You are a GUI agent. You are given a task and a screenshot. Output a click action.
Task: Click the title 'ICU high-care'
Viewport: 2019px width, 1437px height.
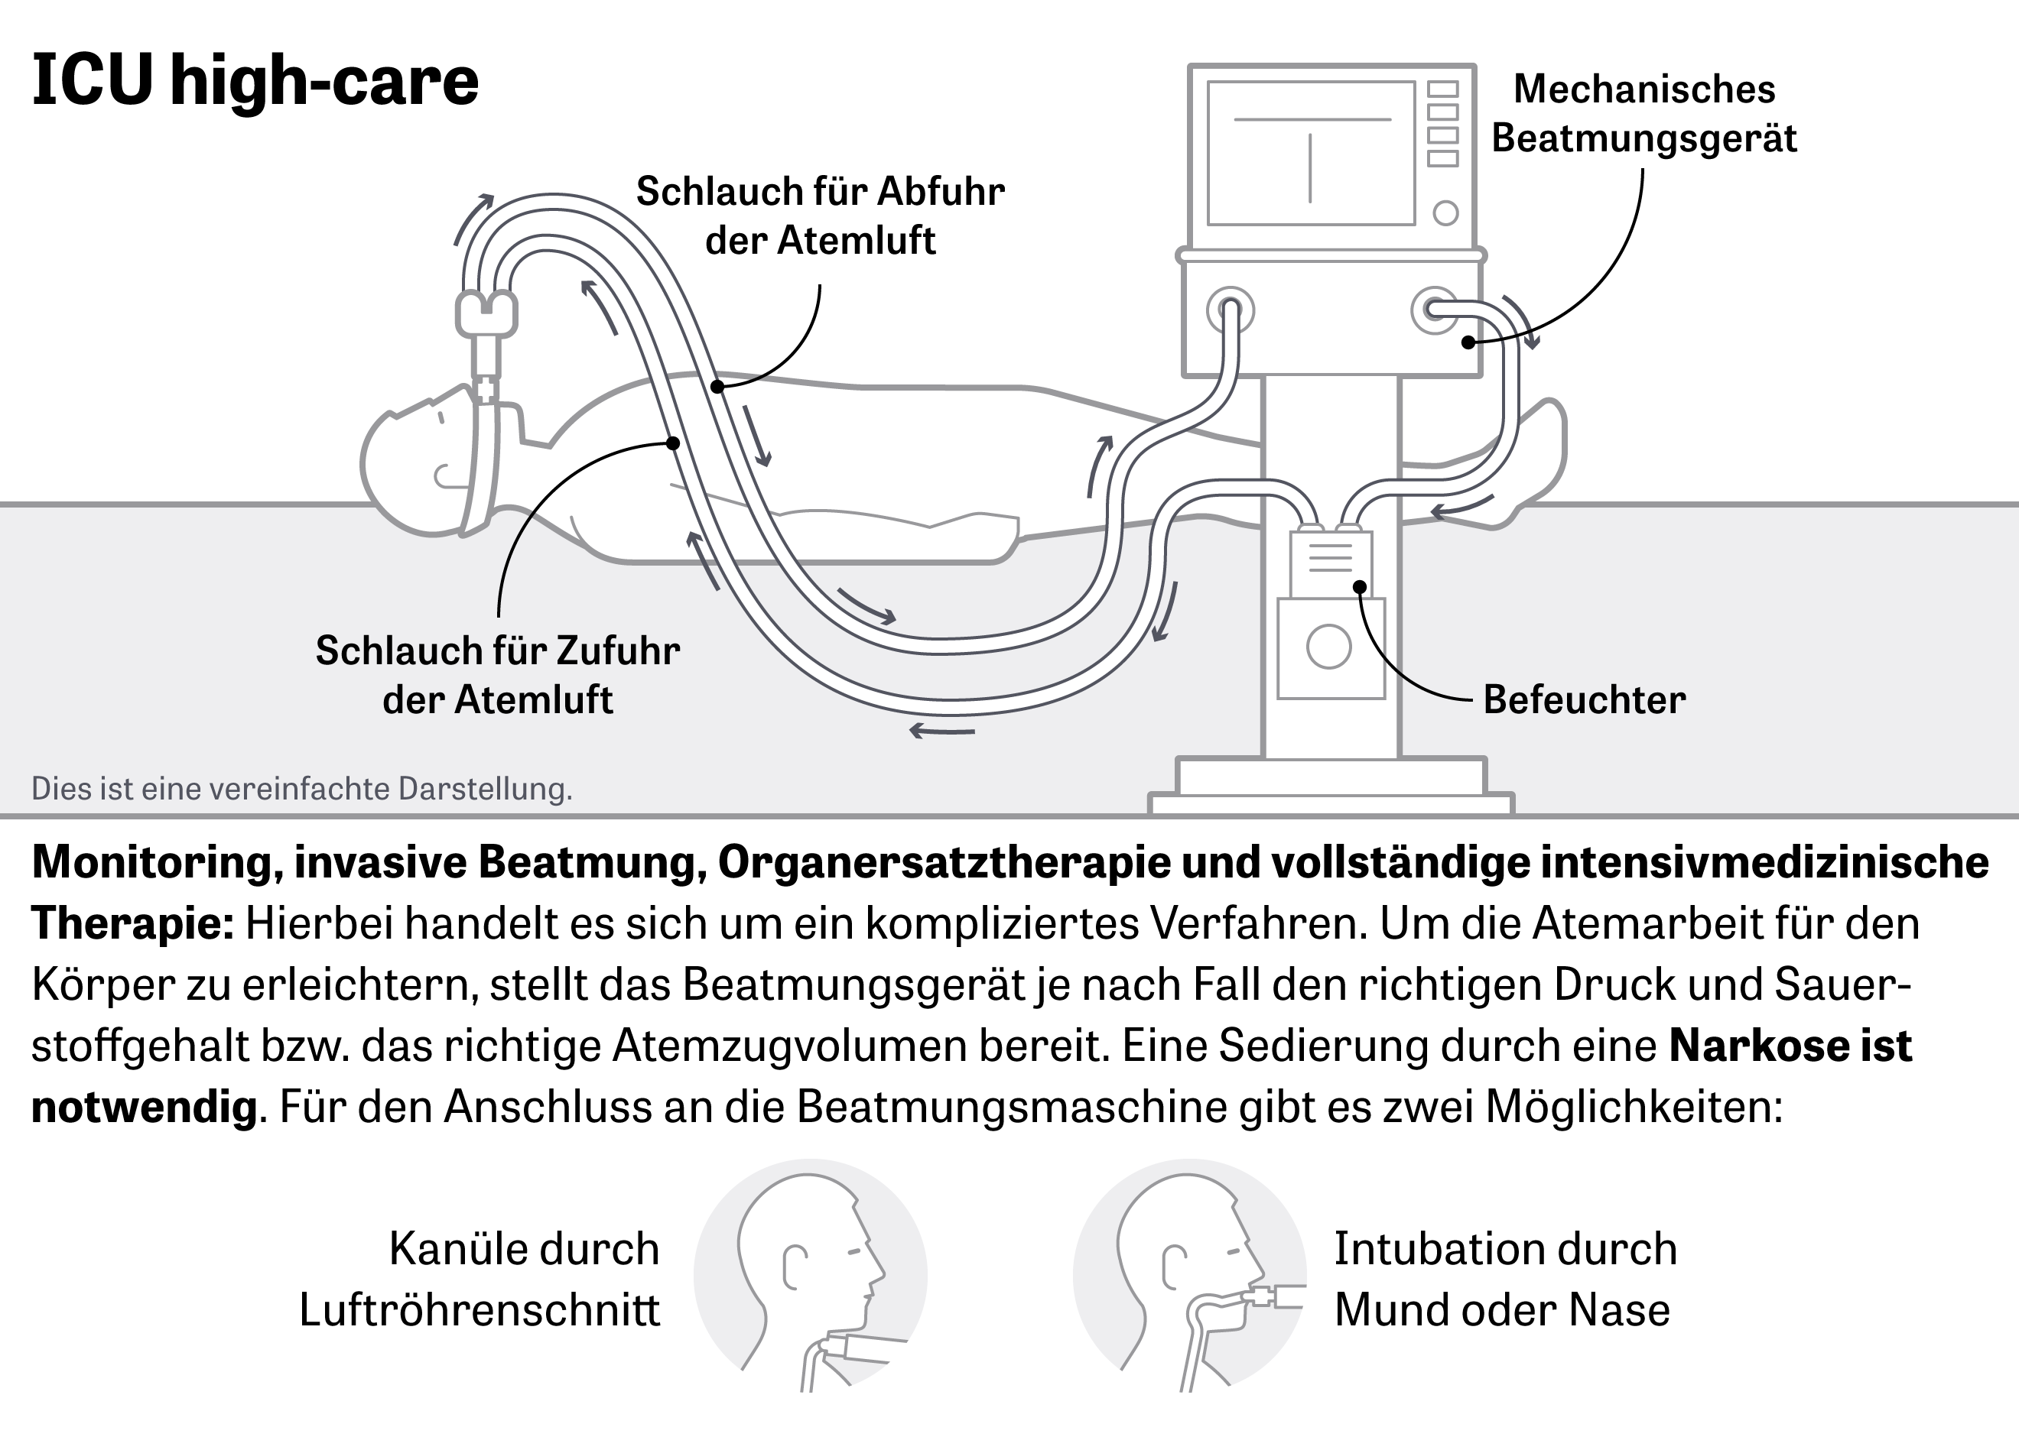click(255, 80)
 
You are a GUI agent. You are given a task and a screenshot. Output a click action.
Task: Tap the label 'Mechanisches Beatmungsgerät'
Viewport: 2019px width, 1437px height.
click(1643, 114)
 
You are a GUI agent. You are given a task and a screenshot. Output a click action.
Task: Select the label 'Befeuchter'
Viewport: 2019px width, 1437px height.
click(1585, 700)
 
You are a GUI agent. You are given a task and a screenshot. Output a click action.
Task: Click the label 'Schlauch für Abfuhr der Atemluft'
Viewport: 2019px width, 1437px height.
click(821, 216)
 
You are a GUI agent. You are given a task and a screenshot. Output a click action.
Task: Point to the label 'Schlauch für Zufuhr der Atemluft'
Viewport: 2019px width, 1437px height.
click(497, 675)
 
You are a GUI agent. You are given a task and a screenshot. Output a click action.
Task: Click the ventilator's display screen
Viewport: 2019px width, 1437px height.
click(1311, 153)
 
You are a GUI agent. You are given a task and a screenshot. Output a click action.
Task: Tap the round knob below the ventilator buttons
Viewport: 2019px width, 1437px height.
click(1445, 213)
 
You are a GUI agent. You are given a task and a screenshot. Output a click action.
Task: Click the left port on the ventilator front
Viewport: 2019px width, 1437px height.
click(1230, 310)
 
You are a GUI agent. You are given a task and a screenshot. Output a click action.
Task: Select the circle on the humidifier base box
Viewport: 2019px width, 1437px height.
click(1328, 647)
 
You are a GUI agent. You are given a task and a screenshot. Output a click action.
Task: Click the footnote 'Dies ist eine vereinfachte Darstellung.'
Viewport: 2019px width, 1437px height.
click(302, 788)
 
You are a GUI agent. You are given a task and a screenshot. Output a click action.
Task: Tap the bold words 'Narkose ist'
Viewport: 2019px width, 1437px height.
click(1790, 1046)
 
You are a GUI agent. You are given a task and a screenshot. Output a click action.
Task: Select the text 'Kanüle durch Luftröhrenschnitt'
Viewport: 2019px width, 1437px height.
click(480, 1280)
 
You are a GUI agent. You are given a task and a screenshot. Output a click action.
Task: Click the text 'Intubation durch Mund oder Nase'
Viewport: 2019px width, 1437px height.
click(1505, 1280)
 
